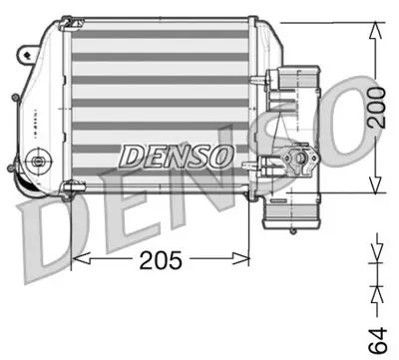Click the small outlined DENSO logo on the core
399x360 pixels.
coord(177,156)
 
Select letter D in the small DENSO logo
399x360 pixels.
coord(131,156)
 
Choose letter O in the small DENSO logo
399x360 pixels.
coord(222,156)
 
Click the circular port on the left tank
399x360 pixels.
coord(40,160)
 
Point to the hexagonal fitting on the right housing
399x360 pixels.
coord(296,158)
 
